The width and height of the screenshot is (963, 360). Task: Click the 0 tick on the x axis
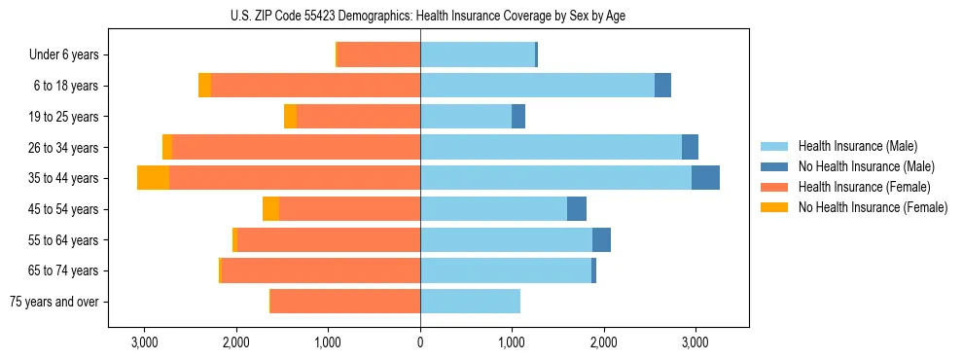pos(420,342)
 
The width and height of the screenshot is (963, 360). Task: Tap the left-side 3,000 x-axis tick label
pos(144,342)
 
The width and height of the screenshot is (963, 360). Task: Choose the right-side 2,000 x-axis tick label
pos(603,342)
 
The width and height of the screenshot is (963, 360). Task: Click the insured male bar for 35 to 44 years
pos(555,178)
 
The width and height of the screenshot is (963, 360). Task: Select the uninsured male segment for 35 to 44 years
pos(705,178)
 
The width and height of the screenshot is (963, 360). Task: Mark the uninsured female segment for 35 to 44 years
pos(153,178)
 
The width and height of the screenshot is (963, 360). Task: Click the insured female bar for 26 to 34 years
pos(296,147)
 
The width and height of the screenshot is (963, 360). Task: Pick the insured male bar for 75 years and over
pos(470,302)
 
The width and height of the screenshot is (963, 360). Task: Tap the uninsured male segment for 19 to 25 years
pos(518,117)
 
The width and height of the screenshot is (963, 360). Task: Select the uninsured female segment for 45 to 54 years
pos(270,209)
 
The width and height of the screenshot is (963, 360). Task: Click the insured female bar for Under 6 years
pos(378,55)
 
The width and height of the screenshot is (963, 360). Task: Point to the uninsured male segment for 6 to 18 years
pos(662,86)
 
